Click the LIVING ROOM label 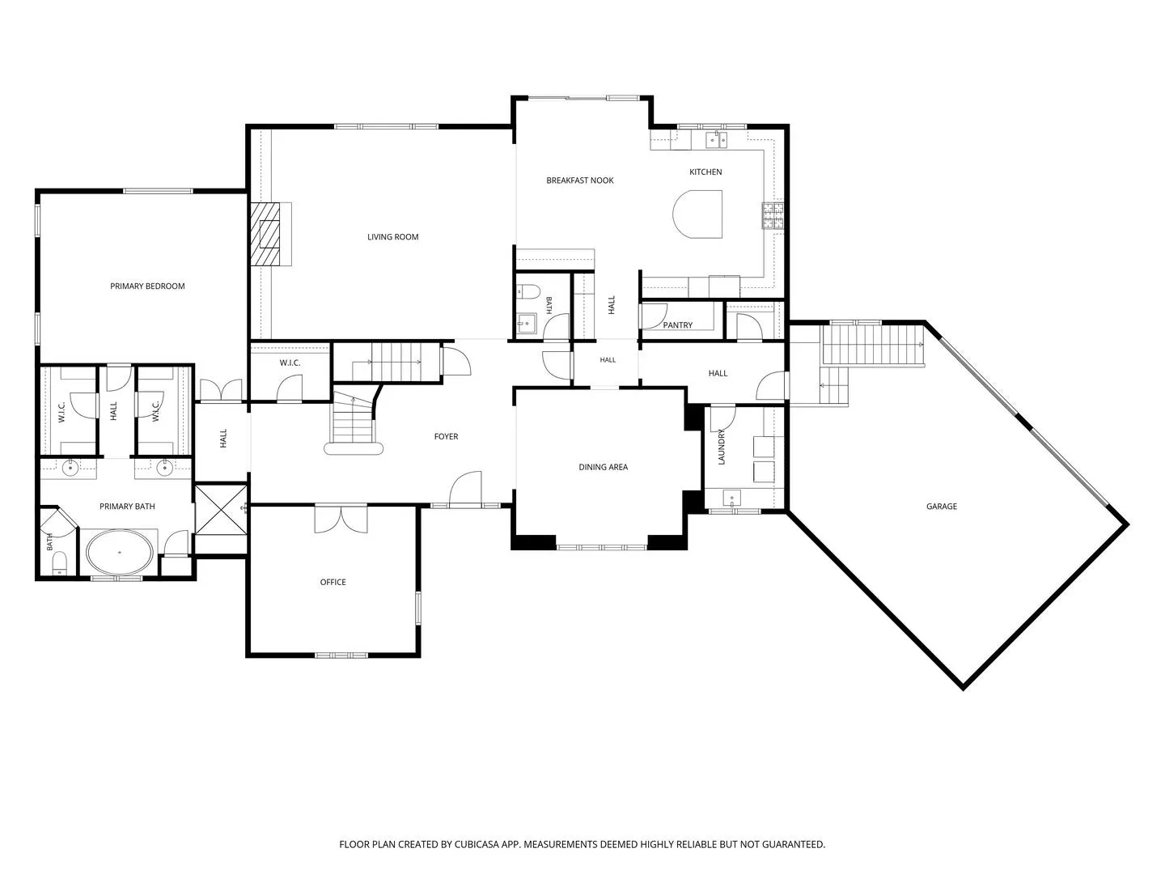(392, 237)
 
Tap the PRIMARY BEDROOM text (147, 286)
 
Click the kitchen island (697, 214)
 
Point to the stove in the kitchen (773, 215)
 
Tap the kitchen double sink (717, 139)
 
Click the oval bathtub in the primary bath (120, 553)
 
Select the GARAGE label (942, 507)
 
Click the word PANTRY (678, 325)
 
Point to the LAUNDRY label (722, 447)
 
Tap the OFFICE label (333, 582)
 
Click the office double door (341, 519)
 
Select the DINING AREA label (603, 467)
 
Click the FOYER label (446, 436)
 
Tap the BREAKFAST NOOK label (579, 180)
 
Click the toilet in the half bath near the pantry (528, 291)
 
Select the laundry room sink (731, 499)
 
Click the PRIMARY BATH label (127, 507)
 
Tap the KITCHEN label (705, 172)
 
